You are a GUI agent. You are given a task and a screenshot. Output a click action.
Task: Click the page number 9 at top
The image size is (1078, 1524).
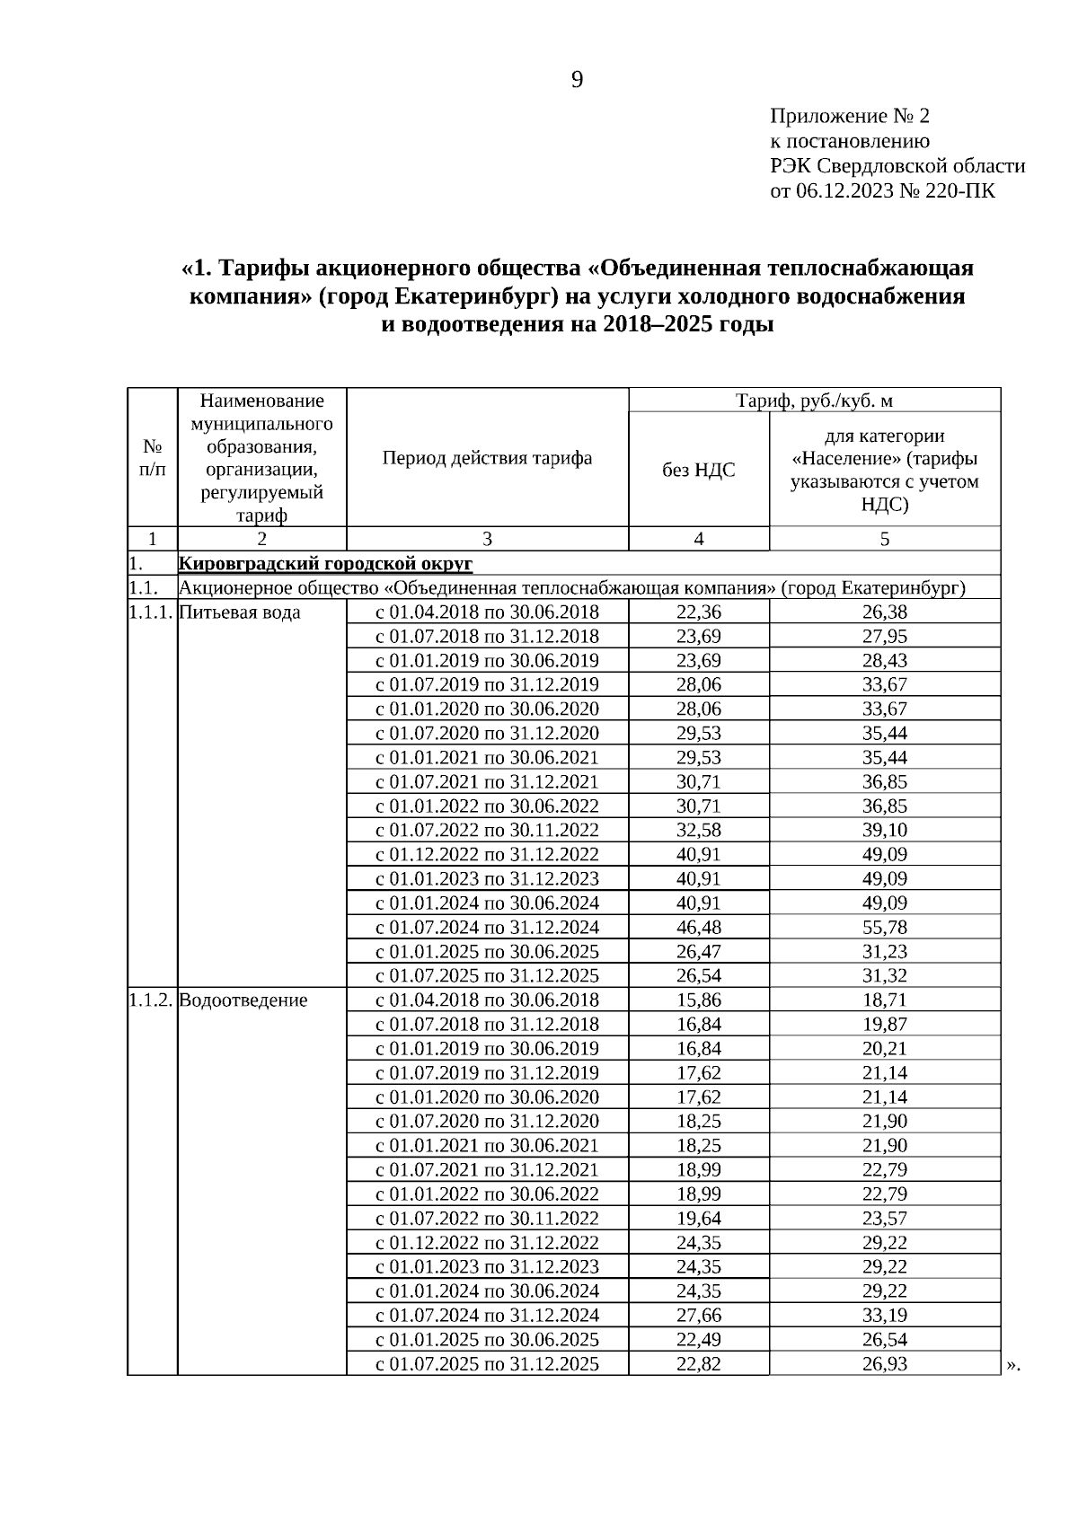[577, 81]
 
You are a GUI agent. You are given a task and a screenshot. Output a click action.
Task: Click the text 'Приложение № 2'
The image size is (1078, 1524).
[849, 117]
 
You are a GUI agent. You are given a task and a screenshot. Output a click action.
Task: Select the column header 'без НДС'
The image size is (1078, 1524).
[698, 470]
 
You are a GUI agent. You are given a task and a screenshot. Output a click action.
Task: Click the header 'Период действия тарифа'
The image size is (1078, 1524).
[487, 458]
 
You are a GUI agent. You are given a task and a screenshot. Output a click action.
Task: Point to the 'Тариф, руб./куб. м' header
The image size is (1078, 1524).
[814, 401]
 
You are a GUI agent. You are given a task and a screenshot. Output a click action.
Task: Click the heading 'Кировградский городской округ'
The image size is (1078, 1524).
[325, 564]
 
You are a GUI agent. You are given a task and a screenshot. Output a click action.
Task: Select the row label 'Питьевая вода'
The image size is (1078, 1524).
[240, 612]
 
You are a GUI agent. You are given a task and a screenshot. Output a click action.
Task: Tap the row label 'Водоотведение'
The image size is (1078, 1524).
[243, 1000]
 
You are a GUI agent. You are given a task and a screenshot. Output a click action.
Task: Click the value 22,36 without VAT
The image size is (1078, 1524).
[698, 612]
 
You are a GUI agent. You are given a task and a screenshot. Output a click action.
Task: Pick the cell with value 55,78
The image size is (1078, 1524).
[884, 928]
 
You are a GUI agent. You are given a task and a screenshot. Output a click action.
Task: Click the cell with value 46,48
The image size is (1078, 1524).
[698, 928]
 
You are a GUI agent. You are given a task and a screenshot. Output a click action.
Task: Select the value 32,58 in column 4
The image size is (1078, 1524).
[698, 831]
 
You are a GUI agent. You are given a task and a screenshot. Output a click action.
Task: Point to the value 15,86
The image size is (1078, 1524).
[698, 1000]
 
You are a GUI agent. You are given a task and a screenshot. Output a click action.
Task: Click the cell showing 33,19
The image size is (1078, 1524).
[884, 1316]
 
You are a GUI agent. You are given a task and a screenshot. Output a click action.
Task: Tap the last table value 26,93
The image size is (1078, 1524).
[884, 1364]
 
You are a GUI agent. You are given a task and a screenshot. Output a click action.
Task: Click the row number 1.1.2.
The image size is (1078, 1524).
[150, 1000]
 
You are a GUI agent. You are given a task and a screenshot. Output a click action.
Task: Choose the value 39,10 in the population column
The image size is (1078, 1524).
[884, 831]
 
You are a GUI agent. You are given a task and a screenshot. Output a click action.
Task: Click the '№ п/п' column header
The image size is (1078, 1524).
[153, 458]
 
